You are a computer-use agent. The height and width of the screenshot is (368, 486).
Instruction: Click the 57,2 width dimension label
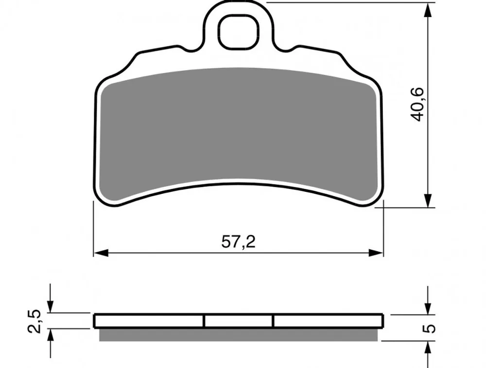pyautogui.click(x=238, y=241)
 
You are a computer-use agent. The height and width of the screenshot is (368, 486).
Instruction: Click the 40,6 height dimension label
pyautogui.click(x=417, y=105)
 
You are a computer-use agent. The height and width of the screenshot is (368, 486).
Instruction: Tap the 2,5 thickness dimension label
pyautogui.click(x=34, y=321)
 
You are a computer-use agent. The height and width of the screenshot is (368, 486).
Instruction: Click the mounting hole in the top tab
pyautogui.click(x=238, y=32)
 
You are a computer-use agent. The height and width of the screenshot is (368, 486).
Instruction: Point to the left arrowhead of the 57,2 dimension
pyautogui.click(x=101, y=253)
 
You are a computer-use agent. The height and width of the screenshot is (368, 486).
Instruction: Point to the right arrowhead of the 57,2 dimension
pyautogui.click(x=376, y=253)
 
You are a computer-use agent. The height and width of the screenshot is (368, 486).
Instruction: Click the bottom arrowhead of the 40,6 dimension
pyautogui.click(x=428, y=200)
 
